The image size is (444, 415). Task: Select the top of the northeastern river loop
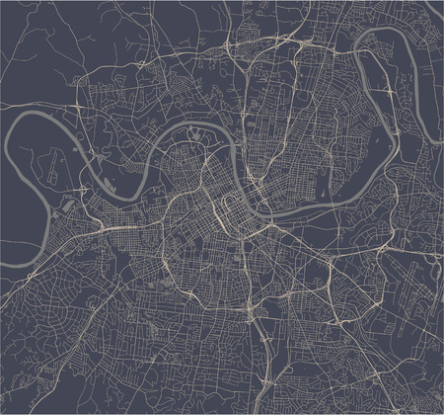(x=380, y=33)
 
